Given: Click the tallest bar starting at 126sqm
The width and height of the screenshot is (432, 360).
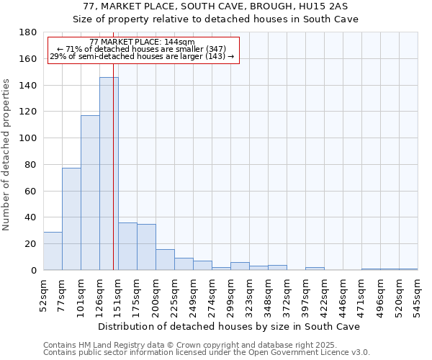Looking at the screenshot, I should coord(109,174).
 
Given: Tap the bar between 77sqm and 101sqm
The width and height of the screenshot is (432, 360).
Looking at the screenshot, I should coord(71,219).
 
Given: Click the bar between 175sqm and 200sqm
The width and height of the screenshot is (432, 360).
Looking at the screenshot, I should coord(146,247).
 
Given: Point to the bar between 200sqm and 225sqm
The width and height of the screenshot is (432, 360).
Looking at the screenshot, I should coord(165,259).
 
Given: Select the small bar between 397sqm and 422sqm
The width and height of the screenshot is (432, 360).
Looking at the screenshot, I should coord(315,269).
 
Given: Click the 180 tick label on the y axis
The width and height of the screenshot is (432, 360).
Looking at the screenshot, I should coord(28,32).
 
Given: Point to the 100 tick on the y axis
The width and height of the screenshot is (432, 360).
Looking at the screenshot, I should coord(28,138).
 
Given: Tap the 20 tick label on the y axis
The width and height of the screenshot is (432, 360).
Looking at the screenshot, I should coord(31,244).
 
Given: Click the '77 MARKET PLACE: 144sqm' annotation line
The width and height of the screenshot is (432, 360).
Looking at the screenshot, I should coord(142,42).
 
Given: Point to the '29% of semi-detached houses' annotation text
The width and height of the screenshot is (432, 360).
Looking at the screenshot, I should coord(142,56).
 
